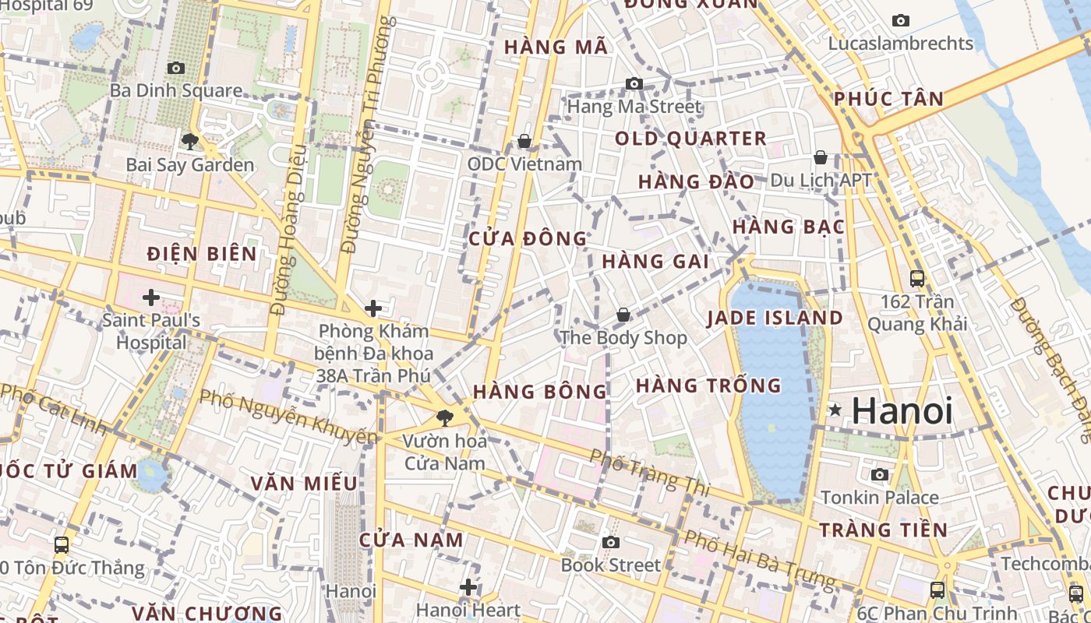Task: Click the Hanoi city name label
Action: (902, 410)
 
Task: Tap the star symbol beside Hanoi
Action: (835, 410)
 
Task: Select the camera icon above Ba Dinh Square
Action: (176, 69)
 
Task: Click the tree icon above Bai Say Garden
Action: (189, 142)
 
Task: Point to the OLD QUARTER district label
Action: (690, 139)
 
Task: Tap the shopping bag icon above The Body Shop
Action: (623, 315)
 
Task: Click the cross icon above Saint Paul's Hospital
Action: (151, 297)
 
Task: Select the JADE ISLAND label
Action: (775, 318)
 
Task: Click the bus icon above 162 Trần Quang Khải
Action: (917, 278)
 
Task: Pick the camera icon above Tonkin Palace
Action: (880, 474)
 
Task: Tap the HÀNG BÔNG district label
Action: (539, 391)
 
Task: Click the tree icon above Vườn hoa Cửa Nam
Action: (445, 418)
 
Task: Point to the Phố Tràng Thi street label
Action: (649, 472)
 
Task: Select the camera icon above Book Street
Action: (611, 542)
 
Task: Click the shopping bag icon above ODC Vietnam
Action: (524, 141)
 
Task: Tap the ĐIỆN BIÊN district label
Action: (202, 253)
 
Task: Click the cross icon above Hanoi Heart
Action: (468, 587)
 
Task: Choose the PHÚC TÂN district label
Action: (888, 99)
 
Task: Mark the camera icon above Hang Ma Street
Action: (634, 83)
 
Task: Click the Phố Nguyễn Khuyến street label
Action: (288, 417)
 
